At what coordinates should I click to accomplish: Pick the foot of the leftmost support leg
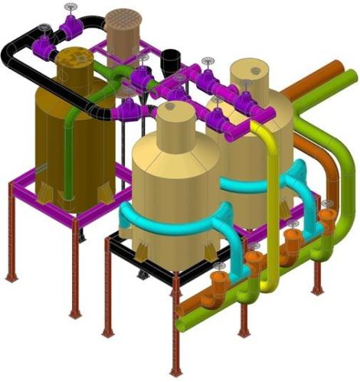11,277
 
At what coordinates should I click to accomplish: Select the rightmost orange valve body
328,221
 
